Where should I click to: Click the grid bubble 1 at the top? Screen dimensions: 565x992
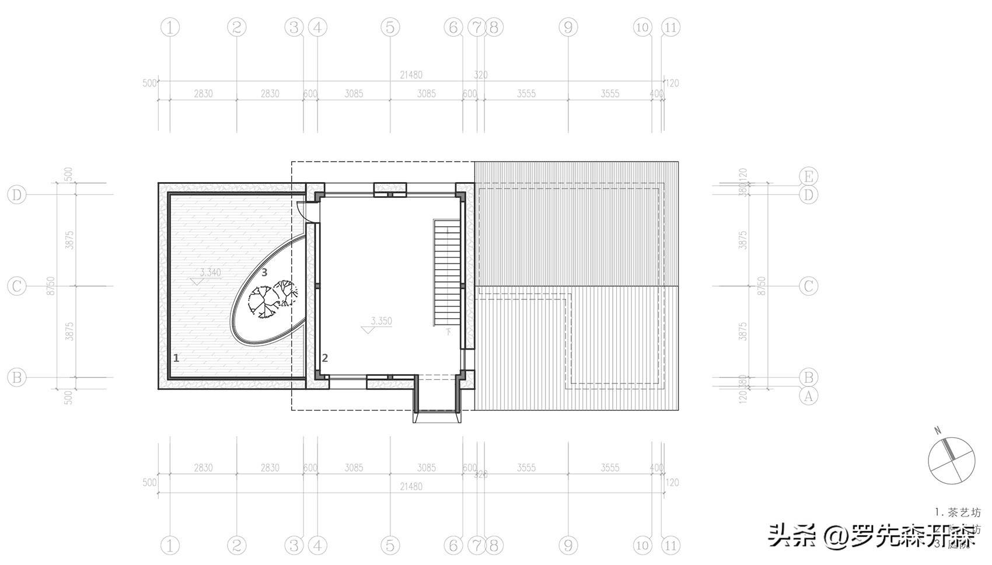coord(170,27)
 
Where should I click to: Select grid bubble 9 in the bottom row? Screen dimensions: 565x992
coord(568,546)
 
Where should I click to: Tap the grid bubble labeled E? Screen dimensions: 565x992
coord(808,176)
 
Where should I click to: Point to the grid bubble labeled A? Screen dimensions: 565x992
coord(808,396)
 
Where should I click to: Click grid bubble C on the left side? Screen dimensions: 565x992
coord(17,286)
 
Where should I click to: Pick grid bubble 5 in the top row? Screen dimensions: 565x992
coord(390,27)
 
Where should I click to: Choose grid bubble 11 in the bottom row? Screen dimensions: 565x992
coord(670,546)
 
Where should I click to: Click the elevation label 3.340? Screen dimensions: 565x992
coord(210,273)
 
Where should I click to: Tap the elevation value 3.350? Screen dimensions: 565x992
coord(381,321)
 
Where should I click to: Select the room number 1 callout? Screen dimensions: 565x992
coord(176,358)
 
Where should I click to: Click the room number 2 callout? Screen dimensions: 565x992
coord(325,358)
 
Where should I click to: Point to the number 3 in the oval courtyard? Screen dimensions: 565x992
coord(264,272)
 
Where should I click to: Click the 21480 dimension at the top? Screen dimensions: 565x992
coord(411,75)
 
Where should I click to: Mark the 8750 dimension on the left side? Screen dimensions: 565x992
coord(51,286)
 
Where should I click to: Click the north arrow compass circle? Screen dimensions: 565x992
coord(951,461)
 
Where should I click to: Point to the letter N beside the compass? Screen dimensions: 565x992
coord(938,431)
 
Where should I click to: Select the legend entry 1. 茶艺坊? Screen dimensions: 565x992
coord(957,512)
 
